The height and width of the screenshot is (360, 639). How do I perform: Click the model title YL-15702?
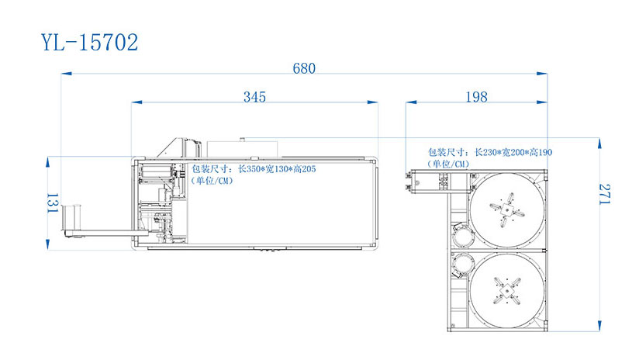pyautogui.click(x=90, y=43)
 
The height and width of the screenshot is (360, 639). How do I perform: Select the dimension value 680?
pyautogui.click(x=304, y=68)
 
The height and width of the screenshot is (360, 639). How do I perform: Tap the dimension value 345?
pyautogui.click(x=254, y=97)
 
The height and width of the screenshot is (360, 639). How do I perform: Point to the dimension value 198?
pyautogui.click(x=476, y=97)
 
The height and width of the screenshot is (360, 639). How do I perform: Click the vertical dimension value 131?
pyautogui.click(x=53, y=203)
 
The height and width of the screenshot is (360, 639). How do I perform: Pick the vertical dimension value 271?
pyautogui.click(x=605, y=194)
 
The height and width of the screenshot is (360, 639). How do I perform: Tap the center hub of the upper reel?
pyautogui.click(x=506, y=210)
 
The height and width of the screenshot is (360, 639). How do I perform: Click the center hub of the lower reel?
pyautogui.click(x=506, y=291)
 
